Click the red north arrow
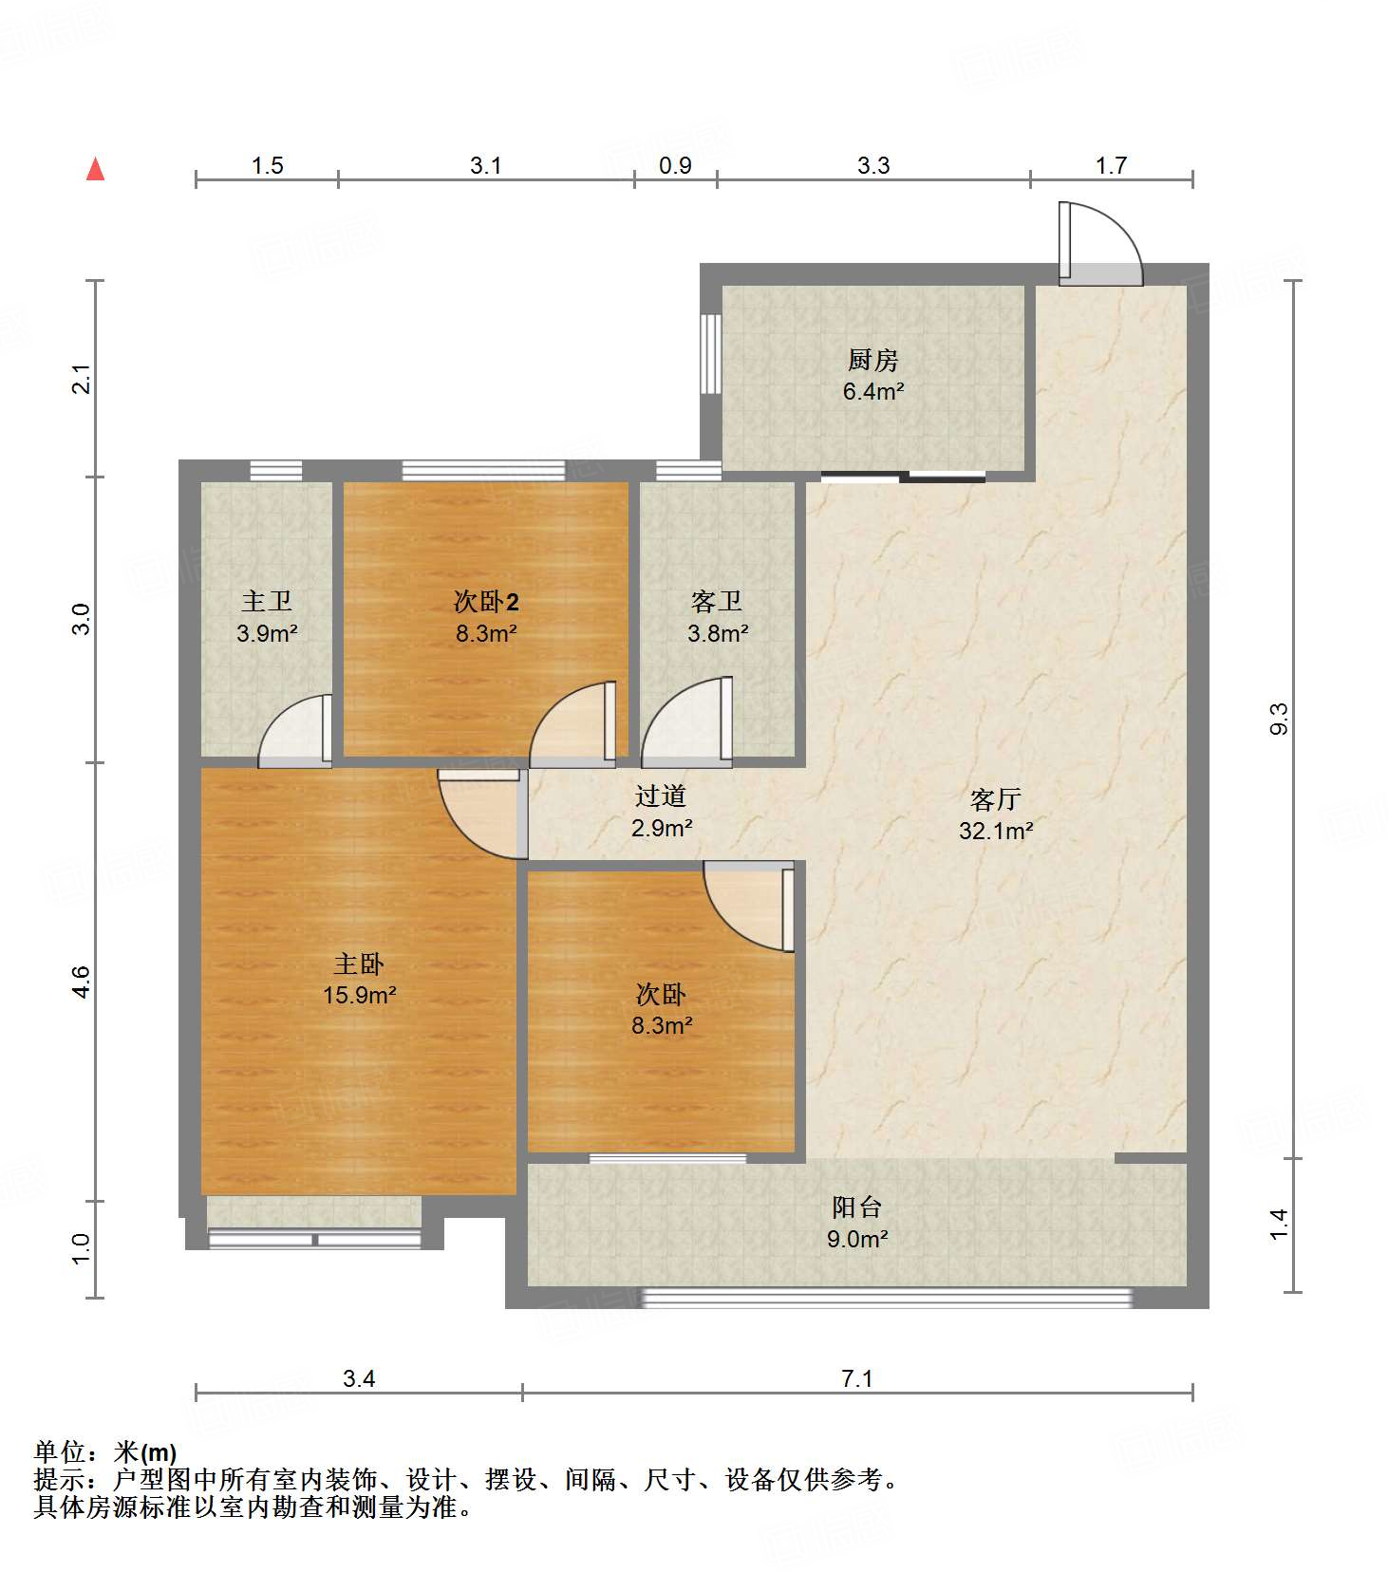[x=95, y=169]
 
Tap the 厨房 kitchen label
[x=872, y=360]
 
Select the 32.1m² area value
[x=996, y=832]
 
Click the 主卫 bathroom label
[x=266, y=601]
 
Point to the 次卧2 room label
[x=486, y=601]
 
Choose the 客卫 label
[x=717, y=601]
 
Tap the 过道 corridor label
[x=661, y=795]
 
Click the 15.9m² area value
[x=360, y=996]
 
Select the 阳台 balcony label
[x=857, y=1207]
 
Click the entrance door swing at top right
[x=1101, y=243]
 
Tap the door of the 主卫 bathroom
[x=294, y=731]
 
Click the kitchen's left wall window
[x=707, y=352]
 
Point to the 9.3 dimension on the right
[x=1279, y=719]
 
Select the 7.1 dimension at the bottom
[x=857, y=1378]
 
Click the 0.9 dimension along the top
[x=675, y=165]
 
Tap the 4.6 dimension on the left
[x=81, y=981]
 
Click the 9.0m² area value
[x=857, y=1239]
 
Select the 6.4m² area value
[x=872, y=391]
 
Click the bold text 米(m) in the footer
[x=145, y=1452]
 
